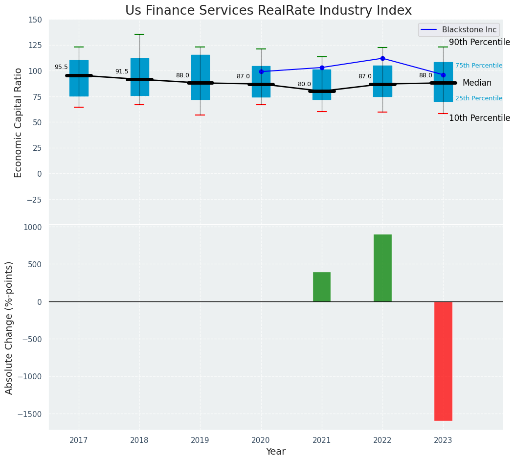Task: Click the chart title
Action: (268, 11)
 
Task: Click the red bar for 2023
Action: (443, 361)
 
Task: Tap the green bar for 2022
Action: (382, 268)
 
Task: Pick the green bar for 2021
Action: (322, 287)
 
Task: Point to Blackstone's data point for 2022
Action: (382, 58)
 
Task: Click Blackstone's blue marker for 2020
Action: (261, 71)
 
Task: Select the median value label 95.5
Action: (61, 68)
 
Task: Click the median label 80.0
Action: (304, 85)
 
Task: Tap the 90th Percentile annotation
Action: (479, 43)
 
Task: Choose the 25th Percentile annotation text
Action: (478, 98)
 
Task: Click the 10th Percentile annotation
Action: (479, 118)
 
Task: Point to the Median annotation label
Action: (477, 83)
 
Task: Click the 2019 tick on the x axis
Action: (200, 440)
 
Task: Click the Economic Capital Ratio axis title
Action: (19, 122)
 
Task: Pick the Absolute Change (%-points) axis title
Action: (9, 327)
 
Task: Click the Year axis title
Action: (275, 452)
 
